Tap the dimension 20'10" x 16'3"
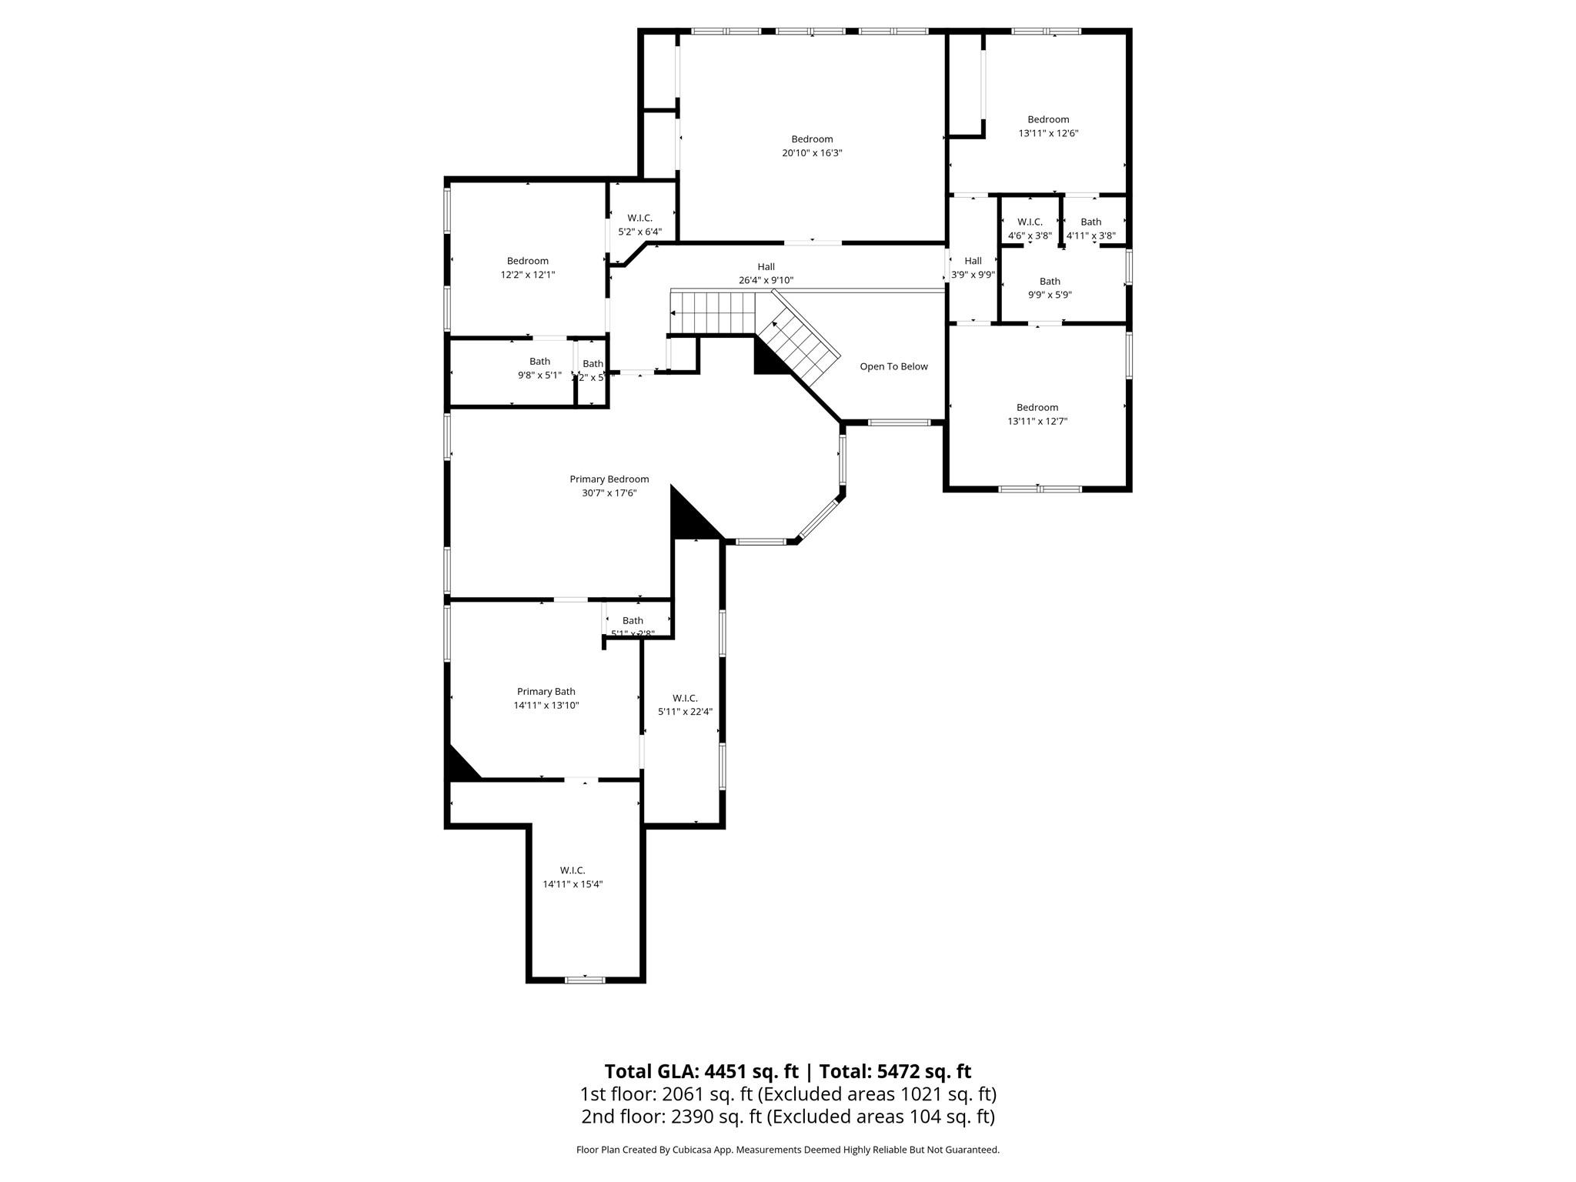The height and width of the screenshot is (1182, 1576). pyautogui.click(x=812, y=153)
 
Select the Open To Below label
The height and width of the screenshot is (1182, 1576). pyautogui.click(x=893, y=366)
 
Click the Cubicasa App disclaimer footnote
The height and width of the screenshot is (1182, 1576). pyautogui.click(x=787, y=1150)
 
